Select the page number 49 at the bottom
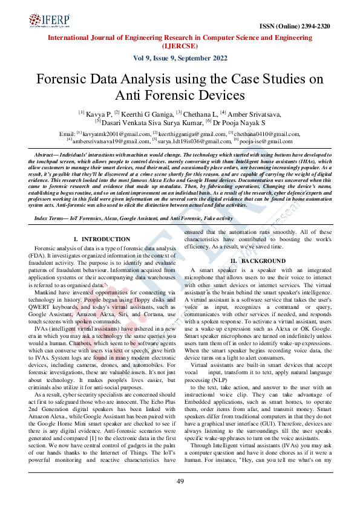[x=180, y=481]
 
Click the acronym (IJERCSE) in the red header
[x=180, y=45]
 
